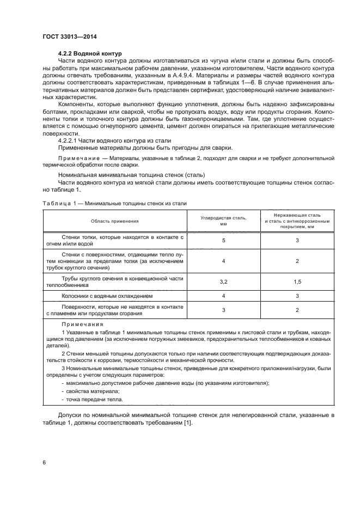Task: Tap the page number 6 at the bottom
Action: click(44, 462)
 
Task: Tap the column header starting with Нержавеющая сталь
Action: click(297, 221)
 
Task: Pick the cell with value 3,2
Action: click(223, 282)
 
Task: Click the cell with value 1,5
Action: click(297, 282)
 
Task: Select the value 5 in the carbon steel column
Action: click(223, 240)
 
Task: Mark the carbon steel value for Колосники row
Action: click(223, 297)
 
